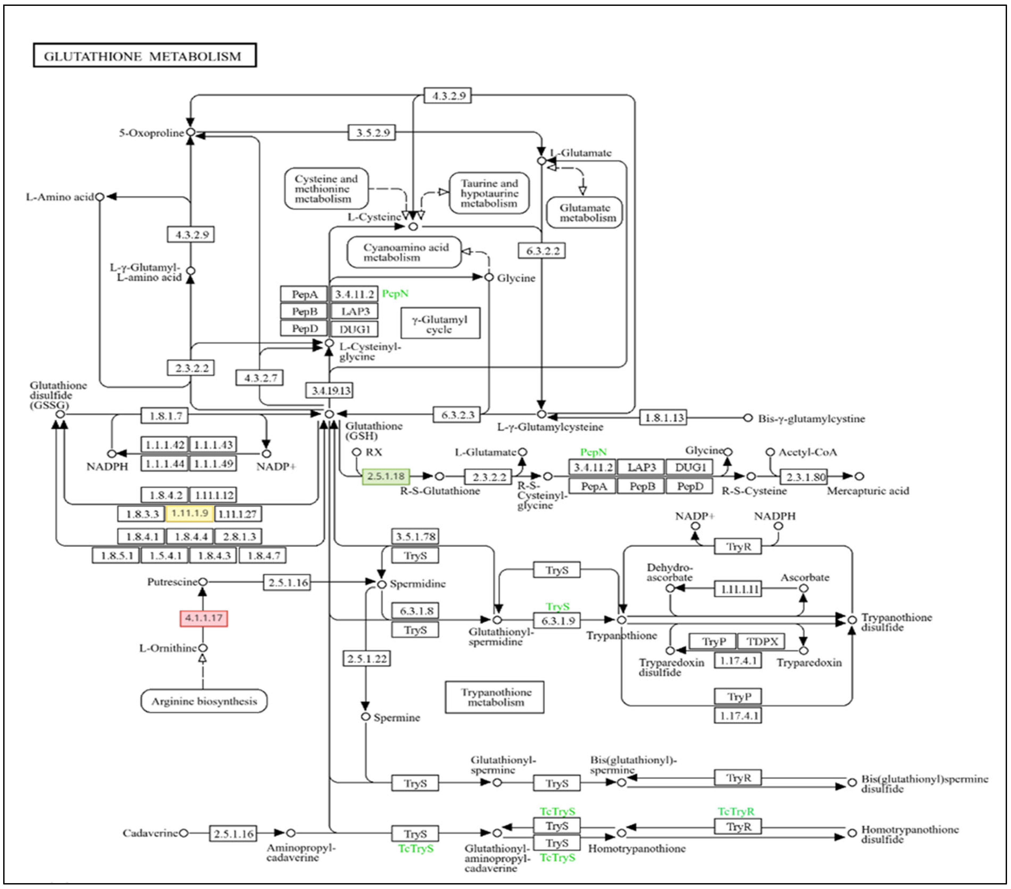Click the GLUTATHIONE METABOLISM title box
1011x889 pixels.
[144, 55]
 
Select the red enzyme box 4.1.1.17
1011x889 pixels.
[203, 618]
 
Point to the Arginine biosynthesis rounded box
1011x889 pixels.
[204, 701]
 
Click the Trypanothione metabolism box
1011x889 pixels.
[495, 697]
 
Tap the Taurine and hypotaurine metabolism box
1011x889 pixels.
[489, 193]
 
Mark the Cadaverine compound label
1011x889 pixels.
[150, 833]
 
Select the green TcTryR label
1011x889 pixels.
[736, 811]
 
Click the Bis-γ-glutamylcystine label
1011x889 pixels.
[811, 419]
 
